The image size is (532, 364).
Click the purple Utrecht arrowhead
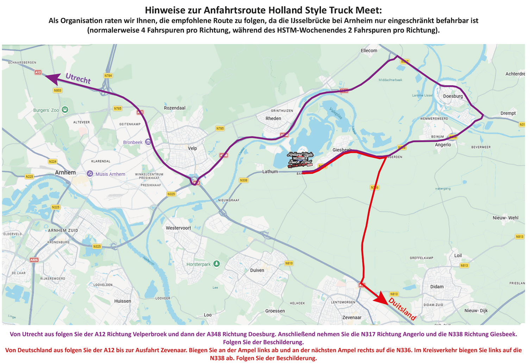coord(52,78)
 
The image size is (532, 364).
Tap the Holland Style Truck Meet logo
coord(300,159)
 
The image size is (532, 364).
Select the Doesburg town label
coord(453,96)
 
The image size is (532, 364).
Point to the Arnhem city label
coord(65,172)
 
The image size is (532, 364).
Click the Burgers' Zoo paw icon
coord(65,109)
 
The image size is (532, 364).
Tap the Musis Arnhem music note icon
coord(90,174)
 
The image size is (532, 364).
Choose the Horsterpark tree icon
coord(217,264)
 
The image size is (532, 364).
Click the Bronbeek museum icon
coord(148,142)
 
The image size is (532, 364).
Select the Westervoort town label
coord(178,228)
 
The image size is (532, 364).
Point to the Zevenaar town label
coord(352,317)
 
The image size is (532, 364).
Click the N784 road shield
coord(108,76)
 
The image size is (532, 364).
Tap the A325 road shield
coord(34,260)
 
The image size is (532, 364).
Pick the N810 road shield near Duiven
coord(289,263)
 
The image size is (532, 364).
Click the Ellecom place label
coord(369,51)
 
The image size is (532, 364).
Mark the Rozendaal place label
coord(174,108)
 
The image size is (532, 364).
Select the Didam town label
coord(437,287)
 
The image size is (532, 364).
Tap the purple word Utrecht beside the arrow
coord(78,78)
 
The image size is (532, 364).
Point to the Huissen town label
coord(123,301)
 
